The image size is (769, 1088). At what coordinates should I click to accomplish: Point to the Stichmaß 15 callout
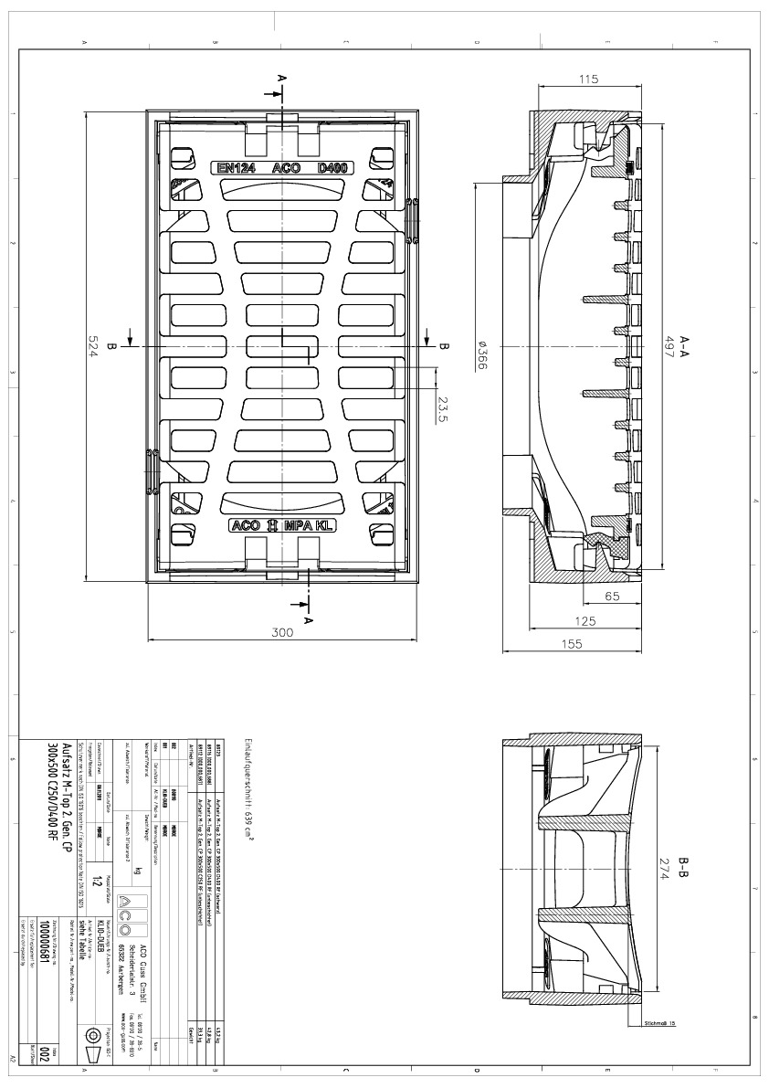pyautogui.click(x=658, y=1023)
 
